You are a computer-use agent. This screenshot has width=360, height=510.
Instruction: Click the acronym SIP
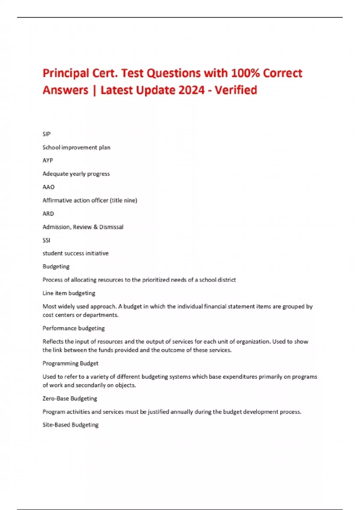coord(46,134)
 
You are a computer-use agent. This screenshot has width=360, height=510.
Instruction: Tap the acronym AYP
coord(48,160)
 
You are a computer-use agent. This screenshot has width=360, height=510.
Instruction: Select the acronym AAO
coord(49,187)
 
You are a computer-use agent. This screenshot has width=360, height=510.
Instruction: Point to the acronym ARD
coord(48,214)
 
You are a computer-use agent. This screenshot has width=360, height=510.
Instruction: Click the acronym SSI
coord(46,240)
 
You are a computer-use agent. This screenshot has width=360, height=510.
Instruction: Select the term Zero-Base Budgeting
coord(70,398)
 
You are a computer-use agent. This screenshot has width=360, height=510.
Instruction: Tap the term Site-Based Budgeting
coord(70,425)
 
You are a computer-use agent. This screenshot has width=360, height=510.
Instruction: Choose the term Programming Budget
coord(70,363)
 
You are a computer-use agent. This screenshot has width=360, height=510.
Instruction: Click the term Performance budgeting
coord(73,328)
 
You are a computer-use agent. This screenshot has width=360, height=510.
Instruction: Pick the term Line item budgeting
coord(69,293)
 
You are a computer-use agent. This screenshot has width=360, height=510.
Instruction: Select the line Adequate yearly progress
coord(76,174)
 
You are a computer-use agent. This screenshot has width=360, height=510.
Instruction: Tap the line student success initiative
coord(76,253)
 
